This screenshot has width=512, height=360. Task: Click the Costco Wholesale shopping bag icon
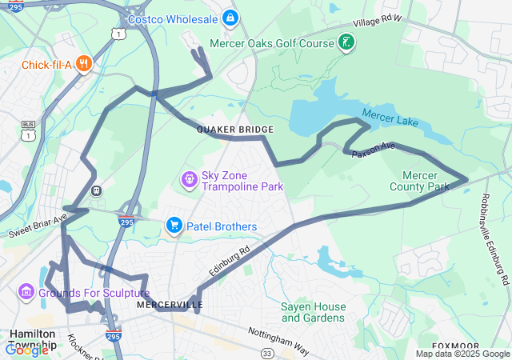230,17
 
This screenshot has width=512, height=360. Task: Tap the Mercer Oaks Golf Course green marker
346,42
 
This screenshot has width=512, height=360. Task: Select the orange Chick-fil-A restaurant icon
83,65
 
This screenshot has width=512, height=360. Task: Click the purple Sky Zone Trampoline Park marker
190,178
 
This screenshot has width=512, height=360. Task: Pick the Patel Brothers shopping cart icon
174,226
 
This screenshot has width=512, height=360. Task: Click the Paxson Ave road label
374,147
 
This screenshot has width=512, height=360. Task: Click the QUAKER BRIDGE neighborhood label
235,130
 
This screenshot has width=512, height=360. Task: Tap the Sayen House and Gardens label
314,312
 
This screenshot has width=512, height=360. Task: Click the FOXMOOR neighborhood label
454,346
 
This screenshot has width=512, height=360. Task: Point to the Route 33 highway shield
266,352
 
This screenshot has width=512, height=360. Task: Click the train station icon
97,190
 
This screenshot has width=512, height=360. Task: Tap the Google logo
26,350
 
